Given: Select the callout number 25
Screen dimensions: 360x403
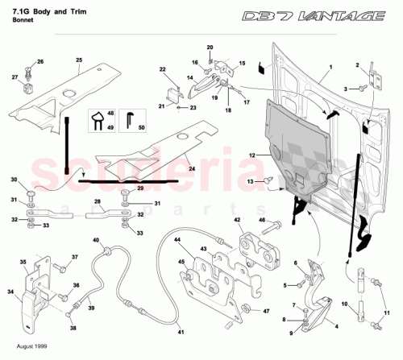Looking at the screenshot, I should click(79, 60).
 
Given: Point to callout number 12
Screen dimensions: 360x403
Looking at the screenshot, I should click(252, 154).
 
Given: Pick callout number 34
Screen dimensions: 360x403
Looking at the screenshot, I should click(11, 292).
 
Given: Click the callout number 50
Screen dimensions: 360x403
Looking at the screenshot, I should click(142, 127).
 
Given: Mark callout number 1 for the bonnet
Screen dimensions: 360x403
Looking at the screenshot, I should click(329, 72).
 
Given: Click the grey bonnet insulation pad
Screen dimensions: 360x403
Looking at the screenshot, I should click(298, 145).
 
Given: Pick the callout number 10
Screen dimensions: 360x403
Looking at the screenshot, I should click(345, 304).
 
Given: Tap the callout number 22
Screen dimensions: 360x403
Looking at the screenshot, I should click(161, 70).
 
